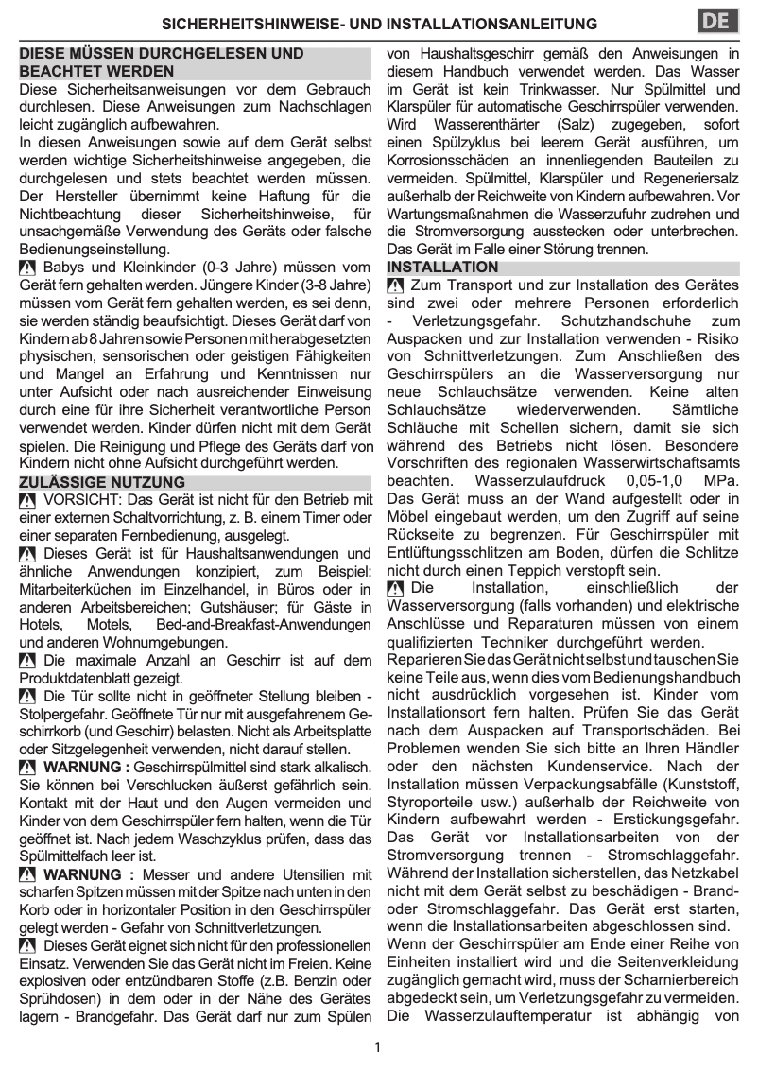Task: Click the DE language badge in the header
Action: (x=717, y=23)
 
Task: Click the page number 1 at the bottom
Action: (x=377, y=1047)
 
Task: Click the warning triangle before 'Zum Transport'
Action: (x=396, y=285)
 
